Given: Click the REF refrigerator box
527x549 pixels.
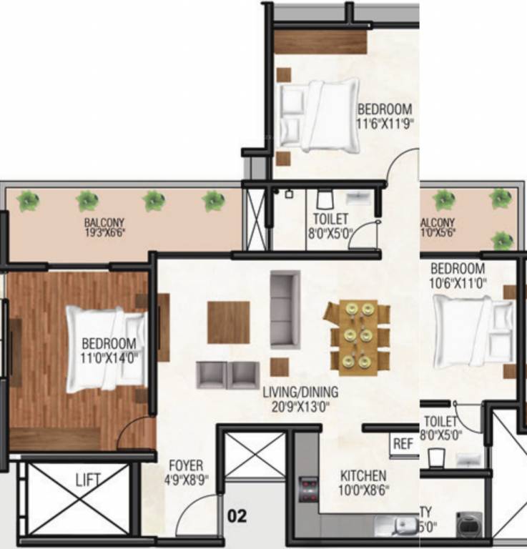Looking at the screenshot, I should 403,444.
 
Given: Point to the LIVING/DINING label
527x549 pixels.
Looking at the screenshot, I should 300,392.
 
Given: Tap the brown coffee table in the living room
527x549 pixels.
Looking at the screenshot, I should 229,322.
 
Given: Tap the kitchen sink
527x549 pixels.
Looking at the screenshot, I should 404,525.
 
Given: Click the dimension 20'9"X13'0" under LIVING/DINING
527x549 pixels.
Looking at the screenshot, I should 300,406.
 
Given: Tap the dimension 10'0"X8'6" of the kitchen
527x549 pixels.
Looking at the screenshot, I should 363,490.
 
